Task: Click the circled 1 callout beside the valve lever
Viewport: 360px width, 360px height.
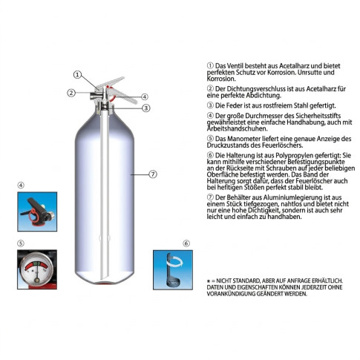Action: tap(78, 74)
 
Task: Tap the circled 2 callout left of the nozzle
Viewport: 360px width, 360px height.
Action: tap(71, 93)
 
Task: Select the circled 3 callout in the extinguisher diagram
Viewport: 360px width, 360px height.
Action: tap(146, 108)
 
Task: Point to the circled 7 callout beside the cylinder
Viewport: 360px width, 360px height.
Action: tap(153, 174)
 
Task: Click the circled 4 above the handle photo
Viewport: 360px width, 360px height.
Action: tap(21, 185)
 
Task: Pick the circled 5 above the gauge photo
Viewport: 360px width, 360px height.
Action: tap(21, 243)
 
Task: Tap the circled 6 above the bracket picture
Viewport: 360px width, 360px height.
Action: tap(186, 243)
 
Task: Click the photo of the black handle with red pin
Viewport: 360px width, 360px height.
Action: tap(37, 212)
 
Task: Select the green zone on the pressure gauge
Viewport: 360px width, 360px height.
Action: tap(36, 264)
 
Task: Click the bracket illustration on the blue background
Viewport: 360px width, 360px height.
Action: tap(173, 269)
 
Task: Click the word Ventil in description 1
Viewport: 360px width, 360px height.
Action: tap(235, 66)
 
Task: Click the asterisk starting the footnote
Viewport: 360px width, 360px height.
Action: tap(209, 281)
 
